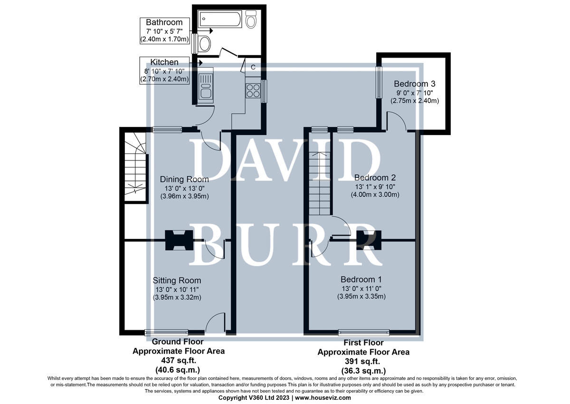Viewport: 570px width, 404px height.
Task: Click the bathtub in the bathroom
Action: tap(220, 19)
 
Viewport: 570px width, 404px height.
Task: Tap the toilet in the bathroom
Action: tap(251, 20)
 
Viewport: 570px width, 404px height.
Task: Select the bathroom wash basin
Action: tap(204, 44)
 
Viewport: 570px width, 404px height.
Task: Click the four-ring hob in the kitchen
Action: tap(253, 91)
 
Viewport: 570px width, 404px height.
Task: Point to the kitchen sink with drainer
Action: tap(206, 85)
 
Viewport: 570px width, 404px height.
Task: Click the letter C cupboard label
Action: tap(253, 67)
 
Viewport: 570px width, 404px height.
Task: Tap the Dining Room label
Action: tap(184, 179)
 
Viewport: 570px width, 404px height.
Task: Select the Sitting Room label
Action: tap(177, 281)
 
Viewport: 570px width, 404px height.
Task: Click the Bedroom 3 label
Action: tap(415, 84)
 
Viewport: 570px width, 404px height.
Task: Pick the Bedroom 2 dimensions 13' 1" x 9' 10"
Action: tap(375, 187)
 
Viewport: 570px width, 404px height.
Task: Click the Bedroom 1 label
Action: tap(361, 280)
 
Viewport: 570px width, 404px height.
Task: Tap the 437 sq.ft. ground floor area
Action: tap(179, 361)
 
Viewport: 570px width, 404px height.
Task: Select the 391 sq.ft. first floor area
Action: tap(362, 362)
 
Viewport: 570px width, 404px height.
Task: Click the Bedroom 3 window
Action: tap(380, 82)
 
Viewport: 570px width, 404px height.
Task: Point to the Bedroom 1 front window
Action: tap(364, 332)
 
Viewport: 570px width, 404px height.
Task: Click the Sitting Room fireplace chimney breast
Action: tap(179, 240)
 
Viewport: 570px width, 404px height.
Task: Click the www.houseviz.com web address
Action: tap(323, 398)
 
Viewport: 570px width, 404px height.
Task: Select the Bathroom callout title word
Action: tap(164, 22)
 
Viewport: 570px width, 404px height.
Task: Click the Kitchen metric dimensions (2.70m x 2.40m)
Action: tap(165, 79)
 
